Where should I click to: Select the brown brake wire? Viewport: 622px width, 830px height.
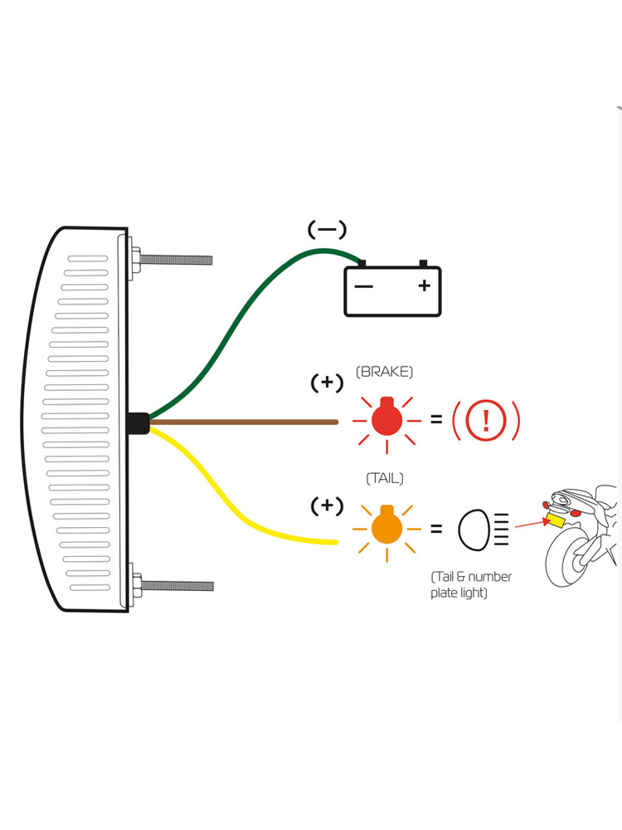[x=249, y=422]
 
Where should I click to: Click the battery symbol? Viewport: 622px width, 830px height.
[x=392, y=290]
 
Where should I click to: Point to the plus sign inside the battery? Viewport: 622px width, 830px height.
[x=425, y=286]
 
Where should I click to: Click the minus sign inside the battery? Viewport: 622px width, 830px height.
[x=364, y=286]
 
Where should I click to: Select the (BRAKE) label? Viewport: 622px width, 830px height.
[x=384, y=373]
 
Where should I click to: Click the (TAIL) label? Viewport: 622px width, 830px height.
[x=385, y=479]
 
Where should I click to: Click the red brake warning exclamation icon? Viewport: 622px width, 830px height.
[x=486, y=422]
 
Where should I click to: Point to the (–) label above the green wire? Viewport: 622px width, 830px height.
[x=327, y=229]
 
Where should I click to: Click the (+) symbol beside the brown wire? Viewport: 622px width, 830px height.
[x=327, y=383]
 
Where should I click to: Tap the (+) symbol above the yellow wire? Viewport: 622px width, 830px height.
[x=327, y=505]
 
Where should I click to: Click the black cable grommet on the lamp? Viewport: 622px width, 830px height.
[x=138, y=422]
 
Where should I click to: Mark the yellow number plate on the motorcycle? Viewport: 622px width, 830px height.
[x=553, y=520]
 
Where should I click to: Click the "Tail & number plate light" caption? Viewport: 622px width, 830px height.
[x=471, y=584]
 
